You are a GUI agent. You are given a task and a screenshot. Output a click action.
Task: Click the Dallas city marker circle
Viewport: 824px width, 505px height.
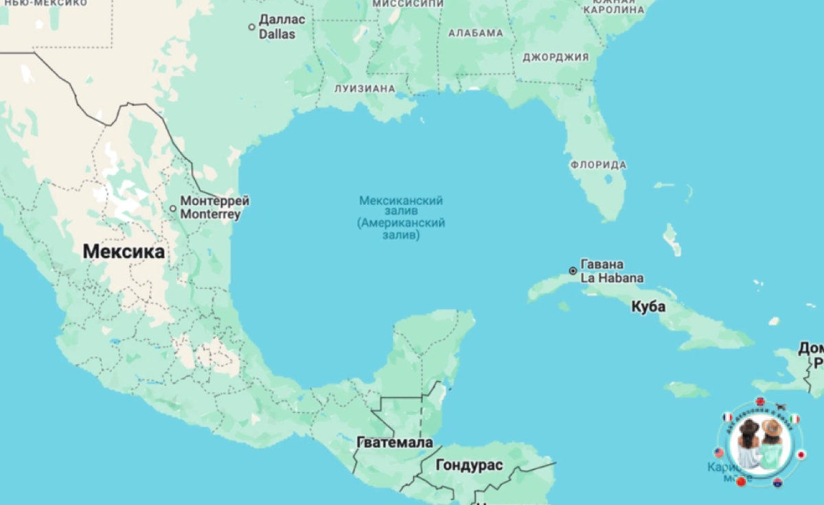252,27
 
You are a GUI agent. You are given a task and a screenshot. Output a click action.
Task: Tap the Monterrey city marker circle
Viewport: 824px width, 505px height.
173,209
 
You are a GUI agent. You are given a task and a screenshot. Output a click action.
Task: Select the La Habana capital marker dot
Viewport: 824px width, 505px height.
573,271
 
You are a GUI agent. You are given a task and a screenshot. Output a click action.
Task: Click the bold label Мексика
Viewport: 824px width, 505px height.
124,252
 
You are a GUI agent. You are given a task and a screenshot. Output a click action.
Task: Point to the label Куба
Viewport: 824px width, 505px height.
648,307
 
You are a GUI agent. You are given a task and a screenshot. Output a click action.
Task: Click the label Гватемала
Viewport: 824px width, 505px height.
395,443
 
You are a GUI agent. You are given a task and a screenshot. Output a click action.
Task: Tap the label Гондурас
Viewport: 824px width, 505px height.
470,466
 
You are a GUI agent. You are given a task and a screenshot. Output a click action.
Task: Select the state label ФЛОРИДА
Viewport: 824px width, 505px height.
598,165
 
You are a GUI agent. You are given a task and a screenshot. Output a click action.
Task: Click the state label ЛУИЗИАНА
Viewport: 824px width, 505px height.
365,89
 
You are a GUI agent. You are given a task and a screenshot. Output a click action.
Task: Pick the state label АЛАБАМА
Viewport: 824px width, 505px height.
476,33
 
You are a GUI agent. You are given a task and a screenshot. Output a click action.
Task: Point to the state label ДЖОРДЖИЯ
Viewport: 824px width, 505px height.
556,57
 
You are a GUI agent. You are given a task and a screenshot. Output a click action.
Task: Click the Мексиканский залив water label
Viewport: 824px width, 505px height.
401,207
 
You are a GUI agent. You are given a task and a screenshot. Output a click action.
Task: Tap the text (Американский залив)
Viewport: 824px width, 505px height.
401,224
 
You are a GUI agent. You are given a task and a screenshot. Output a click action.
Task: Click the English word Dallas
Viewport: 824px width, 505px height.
277,34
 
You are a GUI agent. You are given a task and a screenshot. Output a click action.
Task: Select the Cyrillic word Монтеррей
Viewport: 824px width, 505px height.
214,201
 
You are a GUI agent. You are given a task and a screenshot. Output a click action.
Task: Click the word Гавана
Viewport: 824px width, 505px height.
602,264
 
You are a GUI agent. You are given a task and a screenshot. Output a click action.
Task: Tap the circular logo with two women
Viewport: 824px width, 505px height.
760,442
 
